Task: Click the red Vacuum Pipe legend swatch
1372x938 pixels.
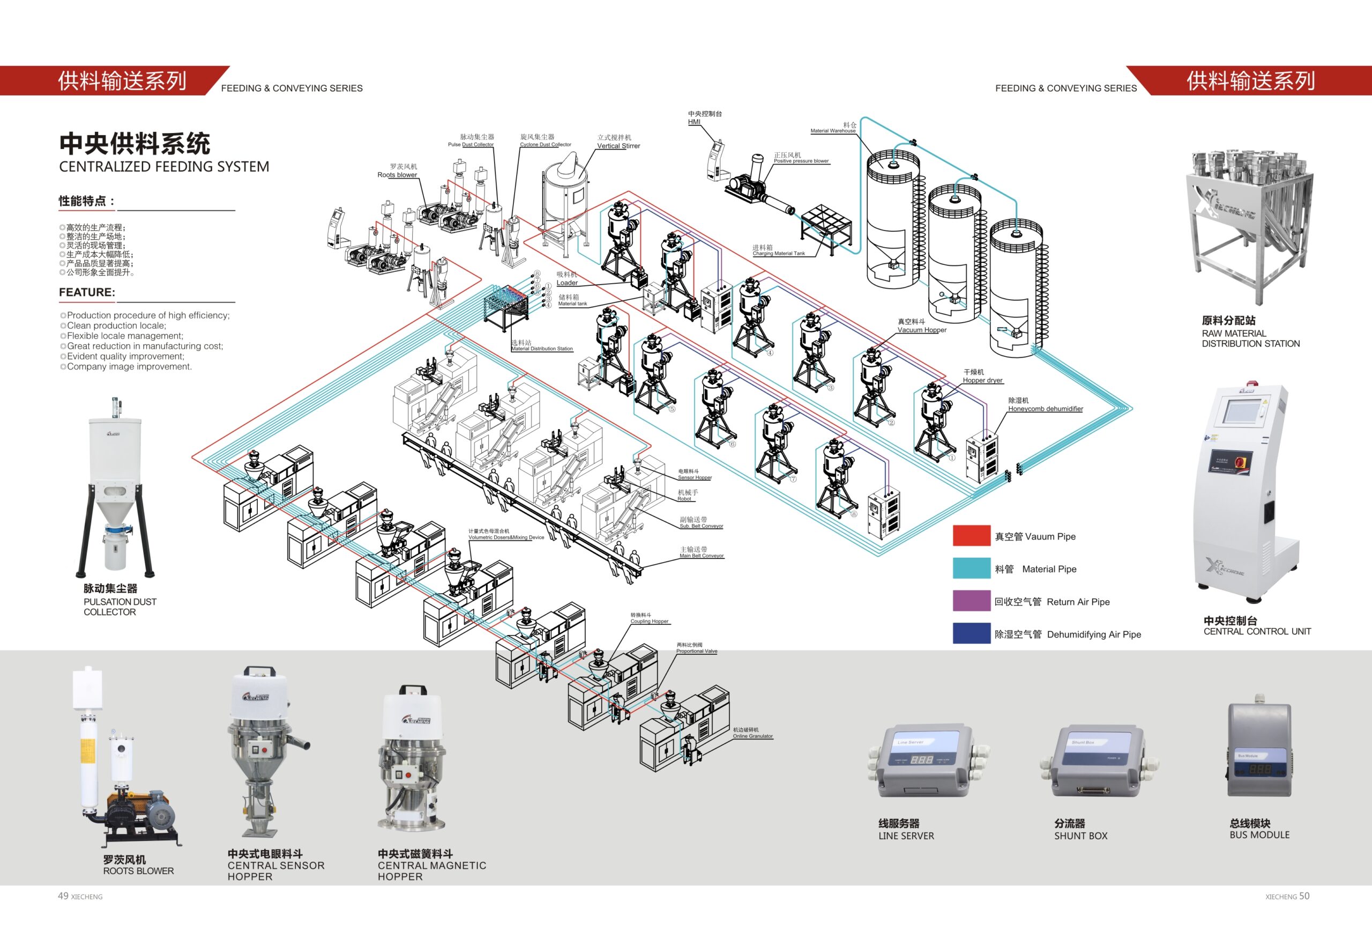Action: [x=971, y=535]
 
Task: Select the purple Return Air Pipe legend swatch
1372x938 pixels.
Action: [x=971, y=601]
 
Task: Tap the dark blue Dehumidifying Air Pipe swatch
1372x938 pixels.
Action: [x=971, y=633]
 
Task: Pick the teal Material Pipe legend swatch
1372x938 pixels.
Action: [x=971, y=568]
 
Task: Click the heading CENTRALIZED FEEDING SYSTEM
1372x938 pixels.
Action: [x=163, y=167]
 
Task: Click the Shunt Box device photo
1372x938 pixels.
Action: [x=1098, y=762]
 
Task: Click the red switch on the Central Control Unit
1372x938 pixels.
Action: [x=1240, y=461]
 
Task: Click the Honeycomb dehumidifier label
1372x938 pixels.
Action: [x=1045, y=408]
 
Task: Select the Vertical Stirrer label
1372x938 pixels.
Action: [x=618, y=145]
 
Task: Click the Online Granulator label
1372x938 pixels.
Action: [x=752, y=736]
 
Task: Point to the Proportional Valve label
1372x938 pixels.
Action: [x=697, y=651]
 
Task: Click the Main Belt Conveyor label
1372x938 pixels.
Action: [x=702, y=555]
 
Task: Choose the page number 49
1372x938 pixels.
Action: [x=63, y=896]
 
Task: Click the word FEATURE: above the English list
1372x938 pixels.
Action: [x=87, y=292]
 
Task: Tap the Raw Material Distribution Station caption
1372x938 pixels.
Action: [x=1250, y=338]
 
